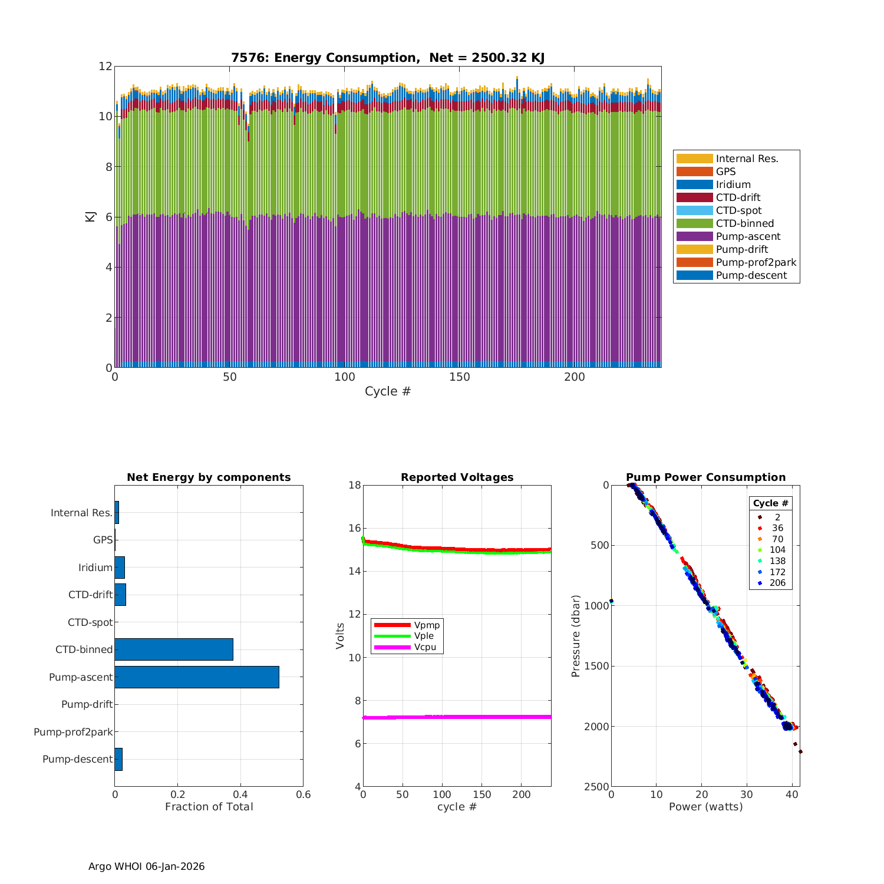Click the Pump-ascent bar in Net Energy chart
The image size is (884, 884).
click(x=197, y=677)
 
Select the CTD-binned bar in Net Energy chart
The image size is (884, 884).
click(x=174, y=649)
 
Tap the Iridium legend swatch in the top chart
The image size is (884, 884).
click(x=694, y=184)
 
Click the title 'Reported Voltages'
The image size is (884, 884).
click(x=457, y=477)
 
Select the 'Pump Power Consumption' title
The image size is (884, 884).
click(x=705, y=477)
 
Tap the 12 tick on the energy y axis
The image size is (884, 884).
click(x=105, y=66)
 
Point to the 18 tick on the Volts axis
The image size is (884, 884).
click(x=354, y=485)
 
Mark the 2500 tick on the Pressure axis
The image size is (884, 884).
click(x=597, y=787)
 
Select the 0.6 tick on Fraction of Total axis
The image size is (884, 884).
click(x=302, y=794)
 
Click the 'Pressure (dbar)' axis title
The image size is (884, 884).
click(x=576, y=636)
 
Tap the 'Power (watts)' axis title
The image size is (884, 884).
click(x=705, y=807)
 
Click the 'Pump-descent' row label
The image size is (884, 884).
click(x=77, y=759)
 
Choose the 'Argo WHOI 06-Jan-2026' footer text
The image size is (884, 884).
click(x=147, y=866)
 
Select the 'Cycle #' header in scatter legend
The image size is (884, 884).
click(x=770, y=503)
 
